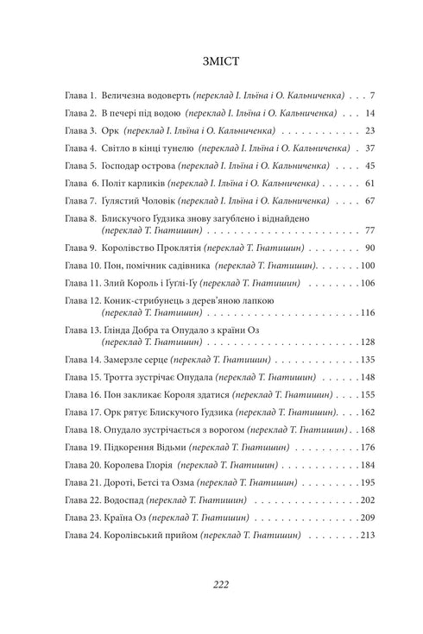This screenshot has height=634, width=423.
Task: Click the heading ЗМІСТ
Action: click(211, 61)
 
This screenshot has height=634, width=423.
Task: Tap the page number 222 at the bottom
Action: click(211, 583)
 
